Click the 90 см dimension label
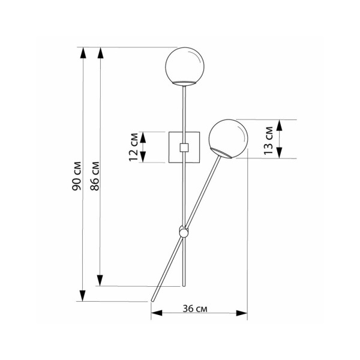[77, 176]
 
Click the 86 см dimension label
[95, 176]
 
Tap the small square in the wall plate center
[185, 147]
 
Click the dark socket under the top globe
[185, 81]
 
